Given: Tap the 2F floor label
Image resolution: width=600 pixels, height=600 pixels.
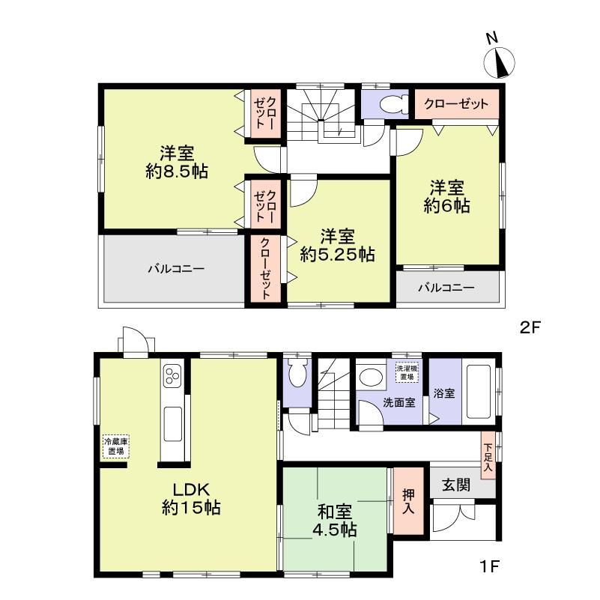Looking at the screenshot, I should [x=531, y=327].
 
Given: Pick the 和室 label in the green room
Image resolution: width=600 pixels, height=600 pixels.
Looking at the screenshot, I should [x=334, y=512].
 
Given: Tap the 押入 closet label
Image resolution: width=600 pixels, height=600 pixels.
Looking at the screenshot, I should [x=408, y=501].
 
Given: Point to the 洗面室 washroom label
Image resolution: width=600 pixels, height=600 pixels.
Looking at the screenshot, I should [x=399, y=402].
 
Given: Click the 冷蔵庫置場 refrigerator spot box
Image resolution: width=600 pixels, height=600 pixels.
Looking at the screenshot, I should [x=115, y=446].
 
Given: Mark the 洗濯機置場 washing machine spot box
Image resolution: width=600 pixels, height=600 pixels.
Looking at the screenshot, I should [x=407, y=372].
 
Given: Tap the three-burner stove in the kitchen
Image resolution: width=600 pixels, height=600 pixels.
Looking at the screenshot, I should [x=172, y=376].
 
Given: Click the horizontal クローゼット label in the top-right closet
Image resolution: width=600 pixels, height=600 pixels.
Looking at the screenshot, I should [x=456, y=103].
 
